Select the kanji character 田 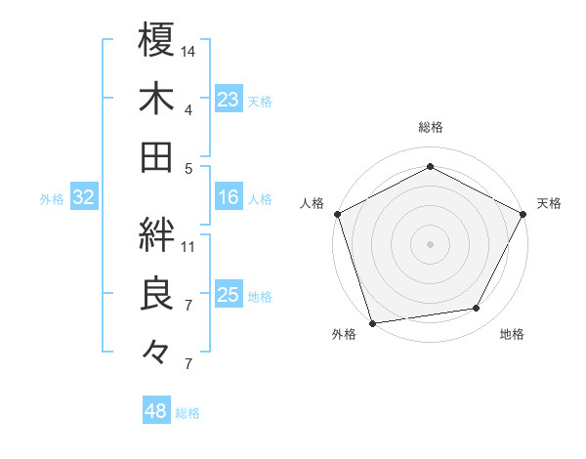157,156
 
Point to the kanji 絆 157,233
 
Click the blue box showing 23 228,100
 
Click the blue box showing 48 156,411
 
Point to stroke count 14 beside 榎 188,50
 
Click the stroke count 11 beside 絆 188,245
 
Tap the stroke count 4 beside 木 188,109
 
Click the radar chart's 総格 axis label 430,127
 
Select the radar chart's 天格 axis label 549,203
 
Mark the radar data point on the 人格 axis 338,213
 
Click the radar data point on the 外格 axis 373,322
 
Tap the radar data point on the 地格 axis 477,309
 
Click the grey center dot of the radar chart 430,242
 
